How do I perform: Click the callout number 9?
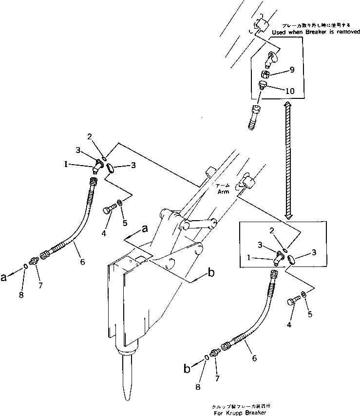coord(292,70)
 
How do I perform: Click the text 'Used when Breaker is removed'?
coord(316,32)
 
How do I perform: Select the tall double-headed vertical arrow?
coord(288,161)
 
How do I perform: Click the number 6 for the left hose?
coord(82,262)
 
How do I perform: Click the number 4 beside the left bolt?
coord(103,232)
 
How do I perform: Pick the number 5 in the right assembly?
coord(310,315)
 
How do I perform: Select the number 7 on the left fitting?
coord(40,285)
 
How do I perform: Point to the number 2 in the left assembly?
coord(90,136)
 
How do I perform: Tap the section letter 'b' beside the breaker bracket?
coord(210,273)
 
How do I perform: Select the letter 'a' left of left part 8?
coord(4,277)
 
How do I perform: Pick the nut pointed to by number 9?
coord(266,74)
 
